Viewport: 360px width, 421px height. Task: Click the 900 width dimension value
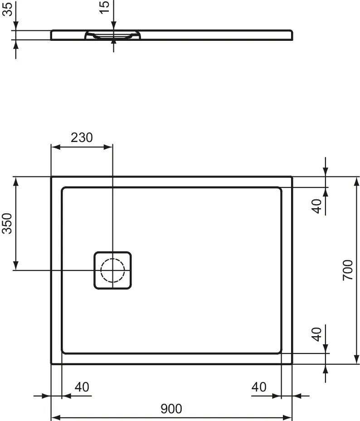[x=171, y=409]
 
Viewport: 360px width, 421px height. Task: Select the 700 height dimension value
[x=347, y=270]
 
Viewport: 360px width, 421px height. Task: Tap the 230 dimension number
[x=82, y=137]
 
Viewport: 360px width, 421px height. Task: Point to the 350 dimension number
[x=7, y=223]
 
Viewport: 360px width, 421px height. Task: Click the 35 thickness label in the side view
[x=7, y=9]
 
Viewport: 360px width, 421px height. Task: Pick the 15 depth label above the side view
[x=104, y=7]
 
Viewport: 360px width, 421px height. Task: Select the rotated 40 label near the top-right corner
[x=317, y=206]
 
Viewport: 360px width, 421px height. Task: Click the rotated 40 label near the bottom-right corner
[x=317, y=334]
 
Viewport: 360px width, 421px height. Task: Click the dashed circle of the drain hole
[x=112, y=270]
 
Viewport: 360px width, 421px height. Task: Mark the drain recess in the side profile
[x=113, y=35]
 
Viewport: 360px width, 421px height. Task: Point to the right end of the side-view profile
[x=291, y=35]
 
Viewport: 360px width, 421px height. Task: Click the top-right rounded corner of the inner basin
[x=278, y=190]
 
